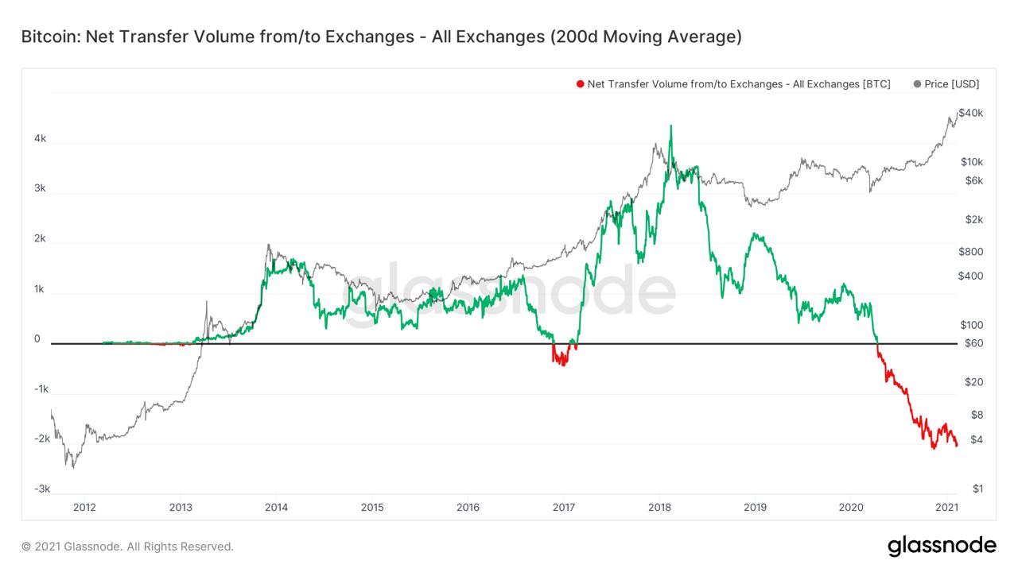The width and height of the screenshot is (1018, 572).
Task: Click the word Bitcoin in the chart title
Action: tap(49, 37)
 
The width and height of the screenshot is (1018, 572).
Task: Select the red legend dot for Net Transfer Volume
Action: tap(581, 84)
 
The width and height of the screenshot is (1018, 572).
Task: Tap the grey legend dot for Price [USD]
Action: tap(918, 84)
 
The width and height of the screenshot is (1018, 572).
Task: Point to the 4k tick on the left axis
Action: tap(40, 138)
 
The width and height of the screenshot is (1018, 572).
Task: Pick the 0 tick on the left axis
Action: tap(37, 339)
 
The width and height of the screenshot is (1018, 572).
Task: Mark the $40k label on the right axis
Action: tap(971, 114)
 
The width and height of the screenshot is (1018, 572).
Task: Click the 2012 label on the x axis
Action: tap(84, 508)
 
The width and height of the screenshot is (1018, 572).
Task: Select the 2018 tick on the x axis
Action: tap(659, 508)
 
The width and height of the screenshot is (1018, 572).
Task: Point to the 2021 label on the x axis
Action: tap(946, 508)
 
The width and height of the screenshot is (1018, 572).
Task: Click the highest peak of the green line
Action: tap(670, 126)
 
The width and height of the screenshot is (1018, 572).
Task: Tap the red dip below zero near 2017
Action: tap(561, 361)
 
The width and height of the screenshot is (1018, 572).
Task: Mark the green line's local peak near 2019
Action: tap(755, 235)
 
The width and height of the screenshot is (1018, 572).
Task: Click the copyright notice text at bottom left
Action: tap(127, 547)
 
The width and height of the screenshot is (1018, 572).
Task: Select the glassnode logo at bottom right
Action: tap(942, 546)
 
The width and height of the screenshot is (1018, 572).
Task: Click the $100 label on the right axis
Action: tap(972, 325)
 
